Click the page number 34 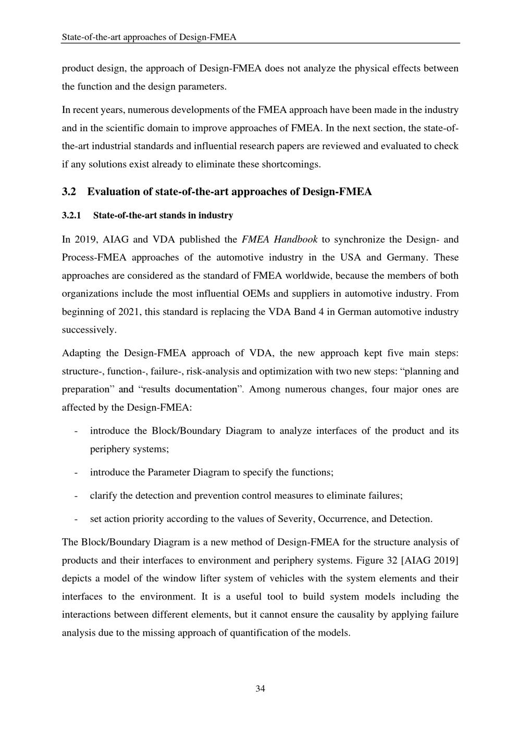[260, 689]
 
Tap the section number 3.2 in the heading [69, 192]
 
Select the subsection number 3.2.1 [73, 215]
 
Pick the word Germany [405, 257]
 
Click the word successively [89, 330]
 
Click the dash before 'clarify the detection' [77, 496]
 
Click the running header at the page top [149, 37]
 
